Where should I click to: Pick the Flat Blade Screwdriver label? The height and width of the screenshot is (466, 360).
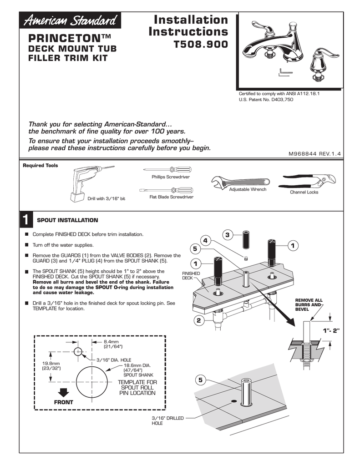click(171, 197)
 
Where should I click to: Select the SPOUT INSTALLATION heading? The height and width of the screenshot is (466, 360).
click(67, 220)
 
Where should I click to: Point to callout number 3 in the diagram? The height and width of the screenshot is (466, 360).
click(227, 234)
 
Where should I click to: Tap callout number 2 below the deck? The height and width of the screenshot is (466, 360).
click(198, 321)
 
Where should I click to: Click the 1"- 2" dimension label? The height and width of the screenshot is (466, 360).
click(331, 330)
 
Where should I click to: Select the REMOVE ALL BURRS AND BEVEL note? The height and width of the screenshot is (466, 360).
click(309, 304)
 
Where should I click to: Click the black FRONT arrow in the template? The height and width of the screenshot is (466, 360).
click(63, 393)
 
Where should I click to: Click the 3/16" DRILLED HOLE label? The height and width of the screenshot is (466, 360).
click(167, 420)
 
